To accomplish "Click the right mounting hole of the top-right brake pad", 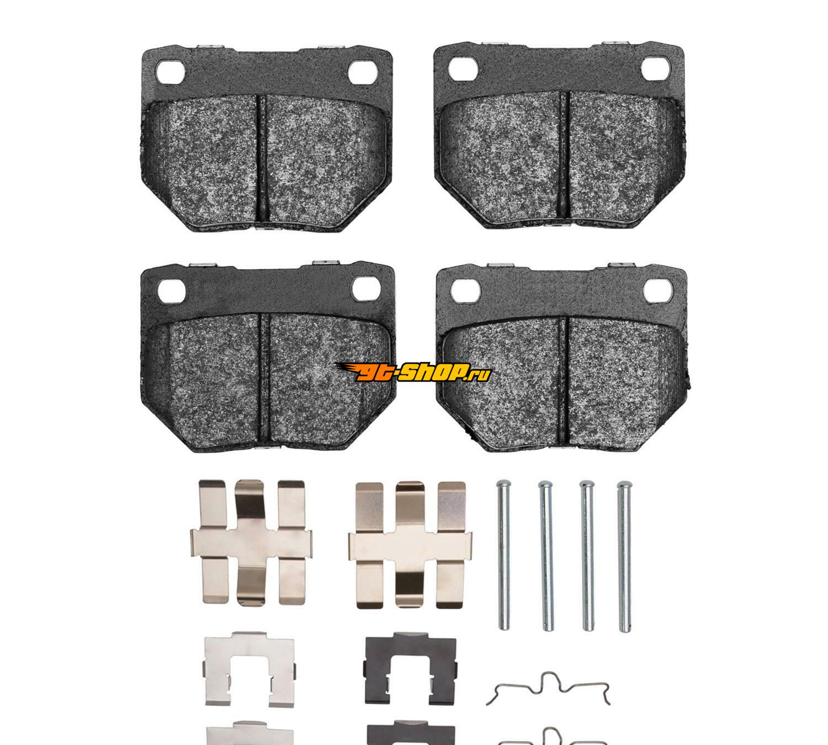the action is pyautogui.click(x=655, y=68).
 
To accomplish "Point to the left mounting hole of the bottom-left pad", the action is pyautogui.click(x=172, y=290).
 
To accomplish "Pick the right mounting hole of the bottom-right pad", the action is pyautogui.click(x=658, y=290).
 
